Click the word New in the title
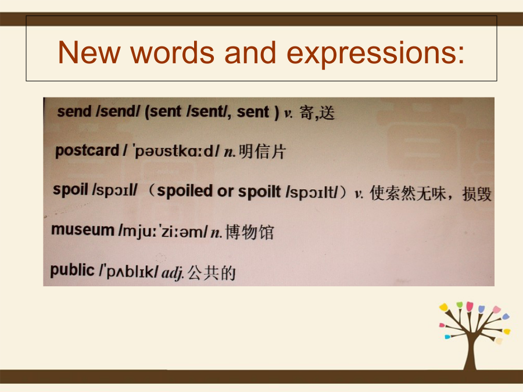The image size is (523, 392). [x=89, y=52]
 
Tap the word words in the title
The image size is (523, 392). [x=172, y=52]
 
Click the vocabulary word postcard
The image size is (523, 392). [x=87, y=150]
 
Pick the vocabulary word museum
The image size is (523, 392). [x=83, y=229]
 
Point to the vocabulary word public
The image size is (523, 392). [x=73, y=270]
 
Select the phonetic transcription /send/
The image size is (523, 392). [x=118, y=112]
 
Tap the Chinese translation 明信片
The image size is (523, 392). [x=262, y=152]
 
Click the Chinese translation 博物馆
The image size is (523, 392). [x=249, y=232]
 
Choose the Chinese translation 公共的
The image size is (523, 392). [x=212, y=273]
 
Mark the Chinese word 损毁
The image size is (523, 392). [x=477, y=194]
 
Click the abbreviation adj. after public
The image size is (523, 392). [x=173, y=274]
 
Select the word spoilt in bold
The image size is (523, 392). [x=259, y=192]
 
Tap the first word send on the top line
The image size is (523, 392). [x=74, y=112]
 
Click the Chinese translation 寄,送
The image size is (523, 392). [x=317, y=113]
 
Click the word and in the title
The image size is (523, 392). [x=250, y=52]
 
